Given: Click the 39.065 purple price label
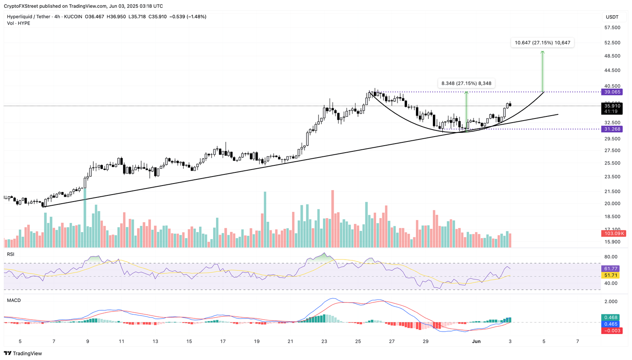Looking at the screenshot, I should tap(612, 92).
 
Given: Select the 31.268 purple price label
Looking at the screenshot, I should tap(612, 129).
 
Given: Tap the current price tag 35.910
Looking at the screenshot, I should tap(612, 106).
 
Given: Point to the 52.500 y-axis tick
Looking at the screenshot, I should tap(612, 43).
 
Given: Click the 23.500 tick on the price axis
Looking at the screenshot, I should tap(612, 177).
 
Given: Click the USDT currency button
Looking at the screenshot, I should tap(612, 17).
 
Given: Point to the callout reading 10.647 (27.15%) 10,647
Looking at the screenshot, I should tap(542, 43).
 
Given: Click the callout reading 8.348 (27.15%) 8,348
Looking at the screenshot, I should tap(466, 84).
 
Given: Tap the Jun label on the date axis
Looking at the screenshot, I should tap(476, 341).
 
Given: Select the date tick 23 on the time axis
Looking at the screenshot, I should tap(324, 341).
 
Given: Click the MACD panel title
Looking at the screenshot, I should tap(14, 300).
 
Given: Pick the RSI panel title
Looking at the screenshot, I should tap(11, 254).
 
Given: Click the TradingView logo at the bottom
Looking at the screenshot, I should tap(23, 353).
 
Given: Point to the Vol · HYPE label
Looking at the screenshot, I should tap(19, 23).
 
